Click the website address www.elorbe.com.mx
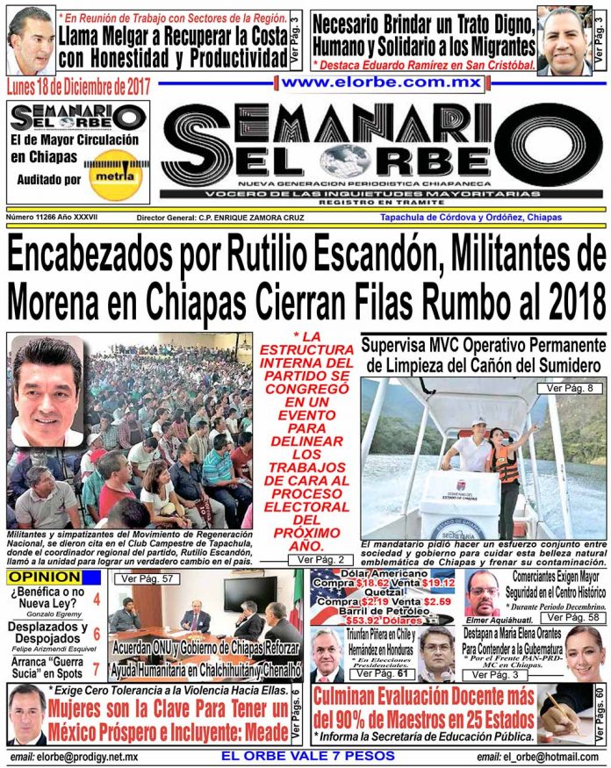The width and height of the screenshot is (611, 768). (383, 83)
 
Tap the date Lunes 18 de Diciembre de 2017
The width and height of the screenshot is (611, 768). (79, 86)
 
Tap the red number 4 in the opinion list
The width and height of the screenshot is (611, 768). (96, 600)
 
